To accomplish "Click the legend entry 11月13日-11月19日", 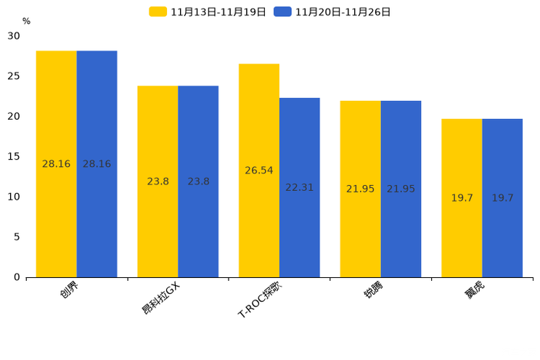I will click(208, 12).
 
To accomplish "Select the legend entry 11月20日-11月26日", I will click(333, 12).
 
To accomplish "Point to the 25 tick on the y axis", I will click(15, 76).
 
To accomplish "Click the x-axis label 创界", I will click(70, 290).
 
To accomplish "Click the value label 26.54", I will click(259, 171).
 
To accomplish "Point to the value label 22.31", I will click(300, 187).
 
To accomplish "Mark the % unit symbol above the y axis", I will click(26, 22).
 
